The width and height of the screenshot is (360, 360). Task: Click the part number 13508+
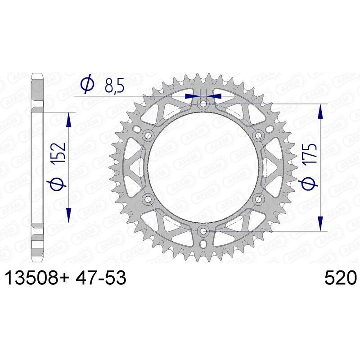pos(37,279)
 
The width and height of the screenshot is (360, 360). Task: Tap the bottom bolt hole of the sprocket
pos(203,231)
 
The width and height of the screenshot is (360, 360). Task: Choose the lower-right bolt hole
pos(258,199)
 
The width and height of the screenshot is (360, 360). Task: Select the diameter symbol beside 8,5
pos(86,84)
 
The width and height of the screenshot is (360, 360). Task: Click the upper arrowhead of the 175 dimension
pos(320,111)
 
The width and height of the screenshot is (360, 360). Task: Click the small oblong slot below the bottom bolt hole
pos(203,244)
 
